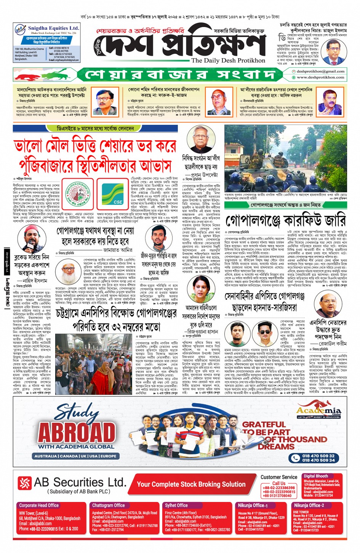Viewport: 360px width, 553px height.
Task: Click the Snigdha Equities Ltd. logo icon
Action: pyautogui.click(x=20, y=29)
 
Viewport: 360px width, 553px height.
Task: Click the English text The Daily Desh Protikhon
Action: pyautogui.click(x=228, y=60)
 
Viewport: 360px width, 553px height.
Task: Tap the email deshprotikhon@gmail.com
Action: pyautogui.click(x=320, y=71)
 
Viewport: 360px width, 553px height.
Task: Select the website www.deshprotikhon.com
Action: pyautogui.click(x=320, y=77)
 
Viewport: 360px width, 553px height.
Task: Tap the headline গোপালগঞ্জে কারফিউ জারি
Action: pyautogui.click(x=285, y=221)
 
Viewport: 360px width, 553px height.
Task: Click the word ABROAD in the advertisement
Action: pyautogui.click(x=77, y=432)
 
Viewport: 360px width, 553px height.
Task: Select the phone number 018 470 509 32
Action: pyautogui.click(x=318, y=456)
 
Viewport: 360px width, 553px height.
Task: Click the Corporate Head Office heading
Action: pyautogui.click(x=39, y=505)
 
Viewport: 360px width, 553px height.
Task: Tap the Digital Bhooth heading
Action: pyautogui.click(x=315, y=476)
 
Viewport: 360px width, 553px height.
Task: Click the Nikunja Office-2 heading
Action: pyautogui.click(x=309, y=505)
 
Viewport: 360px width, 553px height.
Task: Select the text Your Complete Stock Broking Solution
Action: pyautogui.click(x=191, y=484)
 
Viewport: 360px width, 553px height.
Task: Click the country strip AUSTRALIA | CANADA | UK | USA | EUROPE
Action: pyautogui.click(x=75, y=456)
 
